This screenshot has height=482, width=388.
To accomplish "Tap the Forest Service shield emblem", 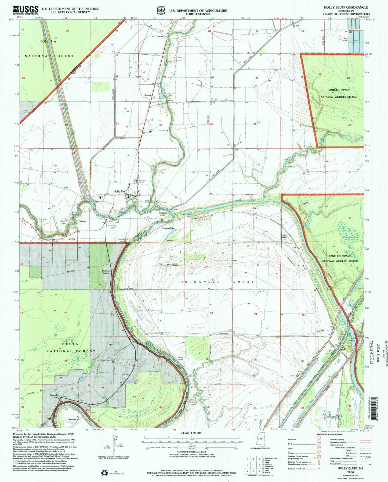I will [161, 10].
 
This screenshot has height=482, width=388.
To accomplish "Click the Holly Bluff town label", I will [120, 191].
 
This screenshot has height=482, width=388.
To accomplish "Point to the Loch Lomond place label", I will [157, 36].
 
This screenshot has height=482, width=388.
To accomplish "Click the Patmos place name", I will [82, 221].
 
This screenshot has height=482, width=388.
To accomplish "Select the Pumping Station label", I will [194, 404].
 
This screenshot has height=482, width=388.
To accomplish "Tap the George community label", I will [148, 95].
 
